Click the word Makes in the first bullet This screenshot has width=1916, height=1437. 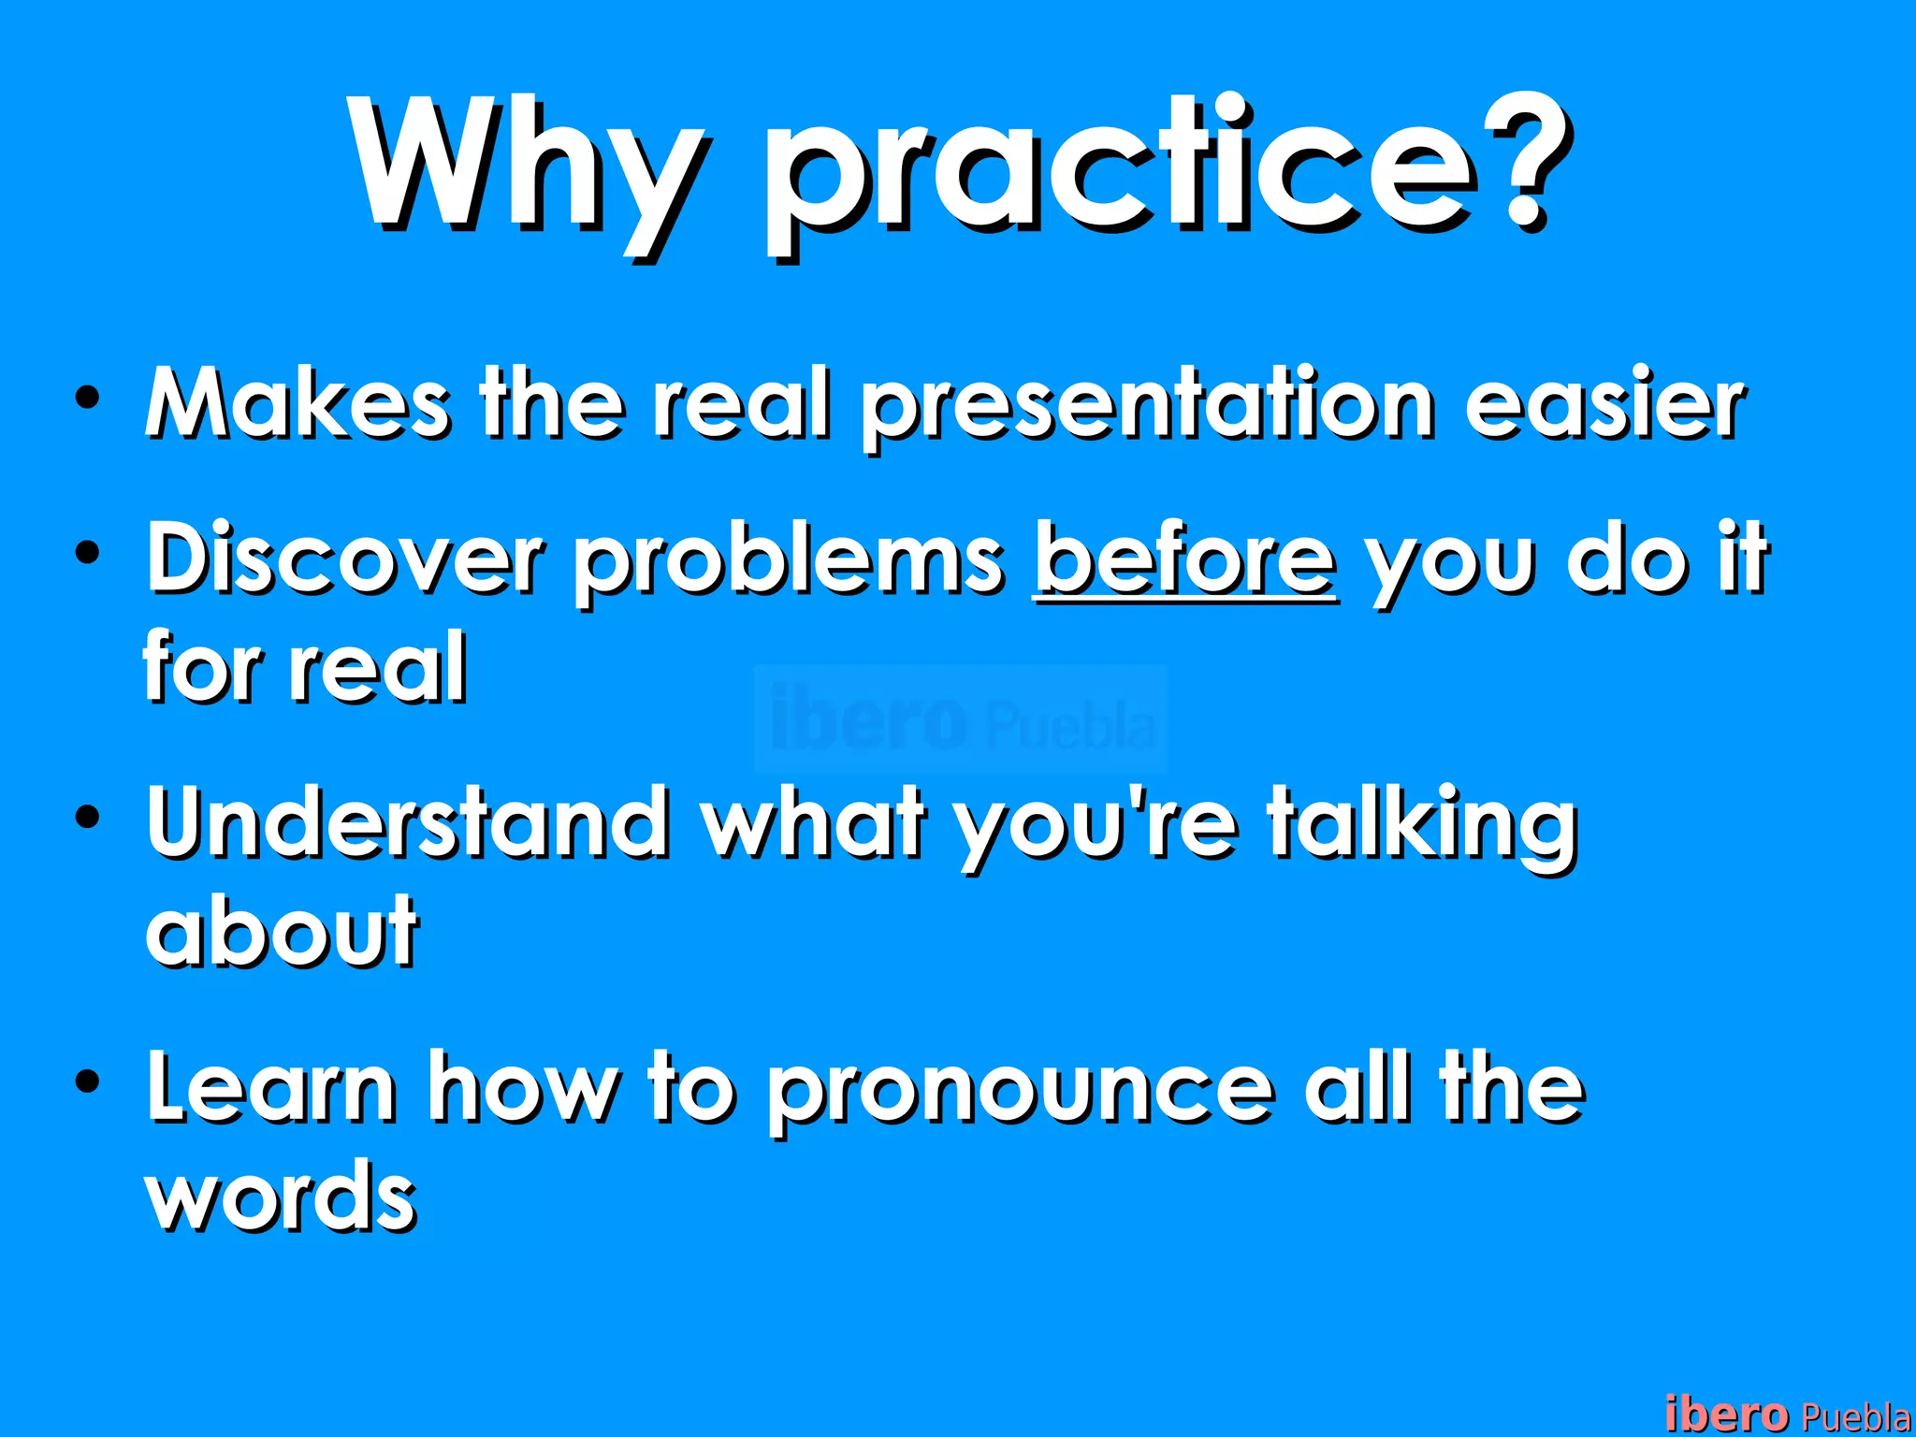point(298,404)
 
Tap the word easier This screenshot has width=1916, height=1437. point(1604,404)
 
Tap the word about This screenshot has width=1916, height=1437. point(281,931)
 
